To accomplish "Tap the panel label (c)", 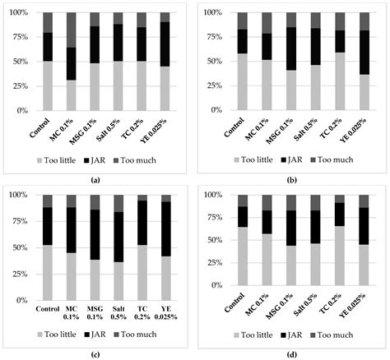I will [x=98, y=352].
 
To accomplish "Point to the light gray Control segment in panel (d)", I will [x=243, y=264].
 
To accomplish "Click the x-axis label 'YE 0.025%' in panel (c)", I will [x=166, y=316].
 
